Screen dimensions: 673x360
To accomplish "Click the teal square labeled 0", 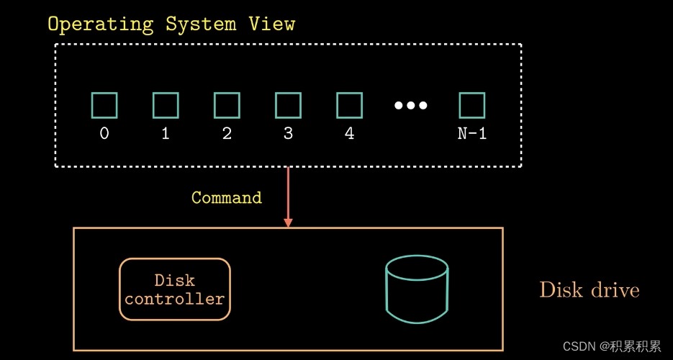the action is pyautogui.click(x=104, y=93).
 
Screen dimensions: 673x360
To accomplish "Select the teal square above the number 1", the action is pyautogui.click(x=166, y=93).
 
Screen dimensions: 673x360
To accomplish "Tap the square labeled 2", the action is pyautogui.click(x=227, y=93).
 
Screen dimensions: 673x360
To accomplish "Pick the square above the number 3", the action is pyautogui.click(x=288, y=93).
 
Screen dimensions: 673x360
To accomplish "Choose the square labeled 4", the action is pyautogui.click(x=349, y=93).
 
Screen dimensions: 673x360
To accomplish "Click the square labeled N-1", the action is pyautogui.click(x=472, y=93).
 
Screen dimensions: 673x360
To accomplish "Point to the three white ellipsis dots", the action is pyautogui.click(x=411, y=105).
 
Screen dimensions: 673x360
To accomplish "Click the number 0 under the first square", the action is pyautogui.click(x=104, y=134).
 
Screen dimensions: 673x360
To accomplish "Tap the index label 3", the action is pyautogui.click(x=288, y=134).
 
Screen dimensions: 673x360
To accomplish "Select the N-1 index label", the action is pyautogui.click(x=472, y=134).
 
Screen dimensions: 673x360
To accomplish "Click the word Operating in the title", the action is pyautogui.click(x=101, y=24).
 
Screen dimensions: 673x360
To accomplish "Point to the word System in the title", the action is pyautogui.click(x=201, y=24).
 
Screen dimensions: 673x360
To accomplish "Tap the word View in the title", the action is pyautogui.click(x=271, y=24).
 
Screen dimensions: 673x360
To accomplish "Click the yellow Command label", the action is pyautogui.click(x=227, y=198).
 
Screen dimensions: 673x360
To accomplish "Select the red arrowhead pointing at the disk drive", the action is pyautogui.click(x=288, y=222).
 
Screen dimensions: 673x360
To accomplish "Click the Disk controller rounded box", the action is pyautogui.click(x=175, y=260).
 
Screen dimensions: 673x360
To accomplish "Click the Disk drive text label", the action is pyautogui.click(x=590, y=290).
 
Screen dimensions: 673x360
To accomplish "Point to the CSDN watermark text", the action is pyautogui.click(x=612, y=346).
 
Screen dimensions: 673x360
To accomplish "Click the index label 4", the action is pyautogui.click(x=349, y=134).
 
